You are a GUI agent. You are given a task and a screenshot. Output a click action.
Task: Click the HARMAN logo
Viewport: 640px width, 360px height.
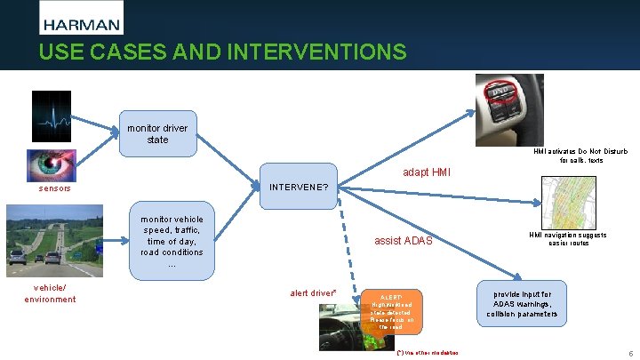(82, 18)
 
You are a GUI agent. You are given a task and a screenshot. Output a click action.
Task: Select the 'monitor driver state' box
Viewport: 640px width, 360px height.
(157, 134)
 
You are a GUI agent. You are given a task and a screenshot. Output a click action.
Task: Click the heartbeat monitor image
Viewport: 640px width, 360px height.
(57, 116)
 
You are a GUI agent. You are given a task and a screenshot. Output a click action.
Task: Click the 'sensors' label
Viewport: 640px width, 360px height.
(55, 189)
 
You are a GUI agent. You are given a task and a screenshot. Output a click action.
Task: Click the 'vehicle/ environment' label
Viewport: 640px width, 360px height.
(50, 293)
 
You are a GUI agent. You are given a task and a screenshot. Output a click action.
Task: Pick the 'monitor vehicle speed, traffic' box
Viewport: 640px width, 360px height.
(172, 241)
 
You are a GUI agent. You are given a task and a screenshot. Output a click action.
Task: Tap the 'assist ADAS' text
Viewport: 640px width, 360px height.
(404, 241)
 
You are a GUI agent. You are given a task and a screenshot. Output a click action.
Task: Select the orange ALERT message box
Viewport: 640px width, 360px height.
(390, 311)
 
